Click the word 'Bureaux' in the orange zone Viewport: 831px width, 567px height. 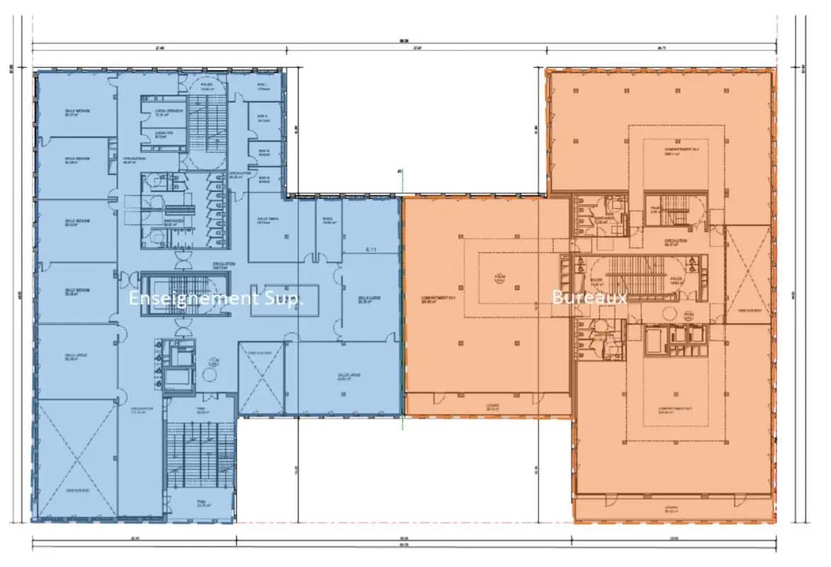tap(589, 298)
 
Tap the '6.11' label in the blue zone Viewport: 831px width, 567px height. tap(371, 249)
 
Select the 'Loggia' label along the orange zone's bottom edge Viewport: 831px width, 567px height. tap(672, 508)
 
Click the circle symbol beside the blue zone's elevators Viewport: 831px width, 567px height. tap(210, 364)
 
